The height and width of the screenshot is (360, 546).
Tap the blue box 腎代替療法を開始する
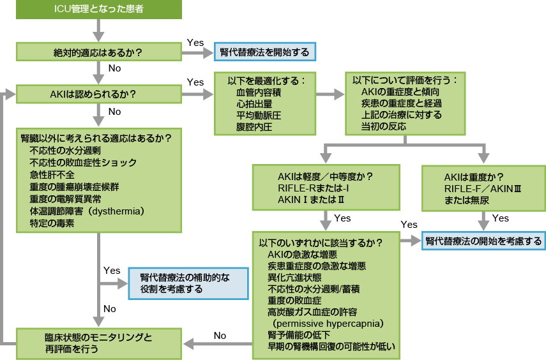[264, 52]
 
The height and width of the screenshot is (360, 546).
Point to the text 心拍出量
[254, 103]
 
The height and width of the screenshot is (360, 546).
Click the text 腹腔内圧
[254, 127]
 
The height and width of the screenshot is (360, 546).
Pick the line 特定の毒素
[52, 223]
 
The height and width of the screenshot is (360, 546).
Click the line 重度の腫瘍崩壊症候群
[73, 186]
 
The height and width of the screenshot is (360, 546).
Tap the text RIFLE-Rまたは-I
[313, 188]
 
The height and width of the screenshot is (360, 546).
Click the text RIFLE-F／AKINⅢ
[483, 189]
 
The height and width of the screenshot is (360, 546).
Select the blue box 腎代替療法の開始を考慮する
[483, 241]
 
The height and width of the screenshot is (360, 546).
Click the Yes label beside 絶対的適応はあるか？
[195, 43]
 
